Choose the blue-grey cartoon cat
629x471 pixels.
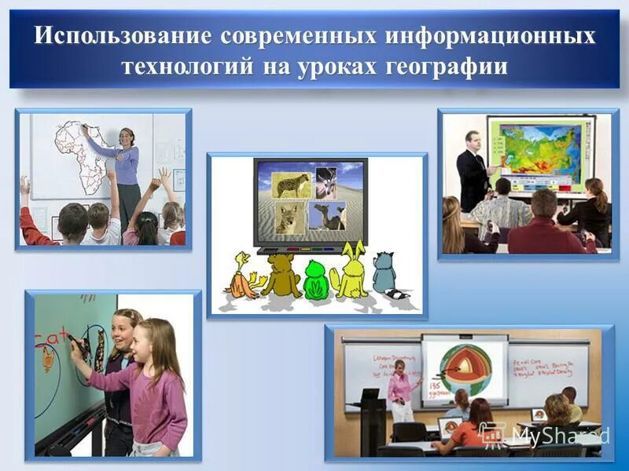[386, 275]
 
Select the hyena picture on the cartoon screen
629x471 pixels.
[291, 184]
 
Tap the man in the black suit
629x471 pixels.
[473, 169]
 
